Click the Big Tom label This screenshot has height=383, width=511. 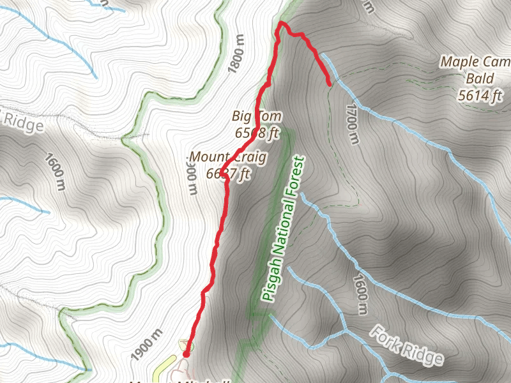[256, 117]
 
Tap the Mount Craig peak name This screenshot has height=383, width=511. [227, 156]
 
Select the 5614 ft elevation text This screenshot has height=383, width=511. [481, 96]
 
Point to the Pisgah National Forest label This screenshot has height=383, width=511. [284, 227]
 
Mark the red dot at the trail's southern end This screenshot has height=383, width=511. [186, 354]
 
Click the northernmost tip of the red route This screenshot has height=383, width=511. [280, 24]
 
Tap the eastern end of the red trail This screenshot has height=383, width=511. [329, 84]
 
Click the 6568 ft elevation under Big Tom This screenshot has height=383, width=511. [256, 133]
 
